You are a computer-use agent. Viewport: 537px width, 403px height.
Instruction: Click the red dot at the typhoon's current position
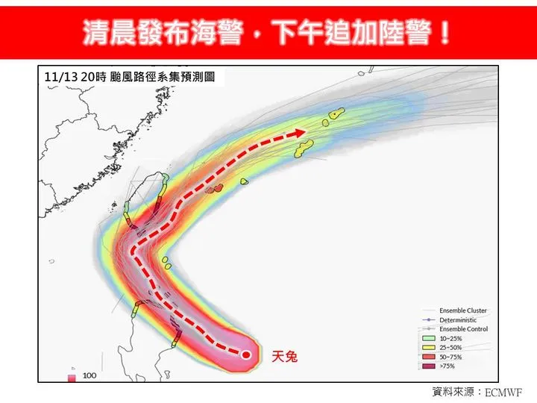247,354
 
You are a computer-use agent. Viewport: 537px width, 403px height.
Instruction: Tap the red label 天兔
284,357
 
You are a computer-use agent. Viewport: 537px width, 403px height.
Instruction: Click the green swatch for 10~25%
429,337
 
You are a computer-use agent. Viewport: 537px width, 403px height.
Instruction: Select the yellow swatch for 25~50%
429,347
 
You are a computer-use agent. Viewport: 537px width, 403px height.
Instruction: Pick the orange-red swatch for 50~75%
429,357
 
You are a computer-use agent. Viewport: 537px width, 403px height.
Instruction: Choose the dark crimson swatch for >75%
429,366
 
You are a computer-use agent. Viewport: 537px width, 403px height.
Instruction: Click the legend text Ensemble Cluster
463,310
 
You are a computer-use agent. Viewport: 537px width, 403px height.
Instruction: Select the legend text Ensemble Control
463,328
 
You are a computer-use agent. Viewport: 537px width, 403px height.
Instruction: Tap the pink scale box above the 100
72,378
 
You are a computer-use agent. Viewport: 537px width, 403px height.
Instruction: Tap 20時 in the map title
89,76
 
